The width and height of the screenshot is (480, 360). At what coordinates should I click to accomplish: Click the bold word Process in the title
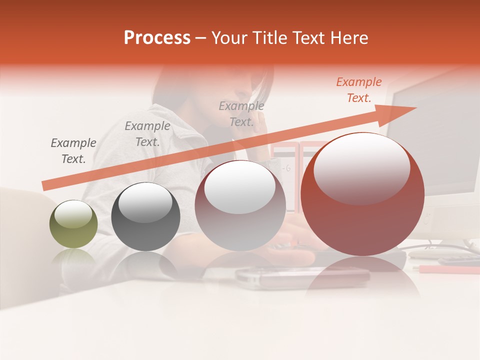[157, 37]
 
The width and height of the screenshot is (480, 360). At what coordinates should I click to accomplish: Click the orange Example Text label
[358, 90]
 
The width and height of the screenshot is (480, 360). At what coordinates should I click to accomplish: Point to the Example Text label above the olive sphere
[73, 150]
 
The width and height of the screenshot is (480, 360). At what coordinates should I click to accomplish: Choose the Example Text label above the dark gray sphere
[147, 134]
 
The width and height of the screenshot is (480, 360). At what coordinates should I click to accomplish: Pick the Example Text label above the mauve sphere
[241, 113]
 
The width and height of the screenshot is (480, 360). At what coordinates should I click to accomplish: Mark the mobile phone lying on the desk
[302, 274]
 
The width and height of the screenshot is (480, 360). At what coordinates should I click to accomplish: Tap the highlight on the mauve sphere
[239, 187]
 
